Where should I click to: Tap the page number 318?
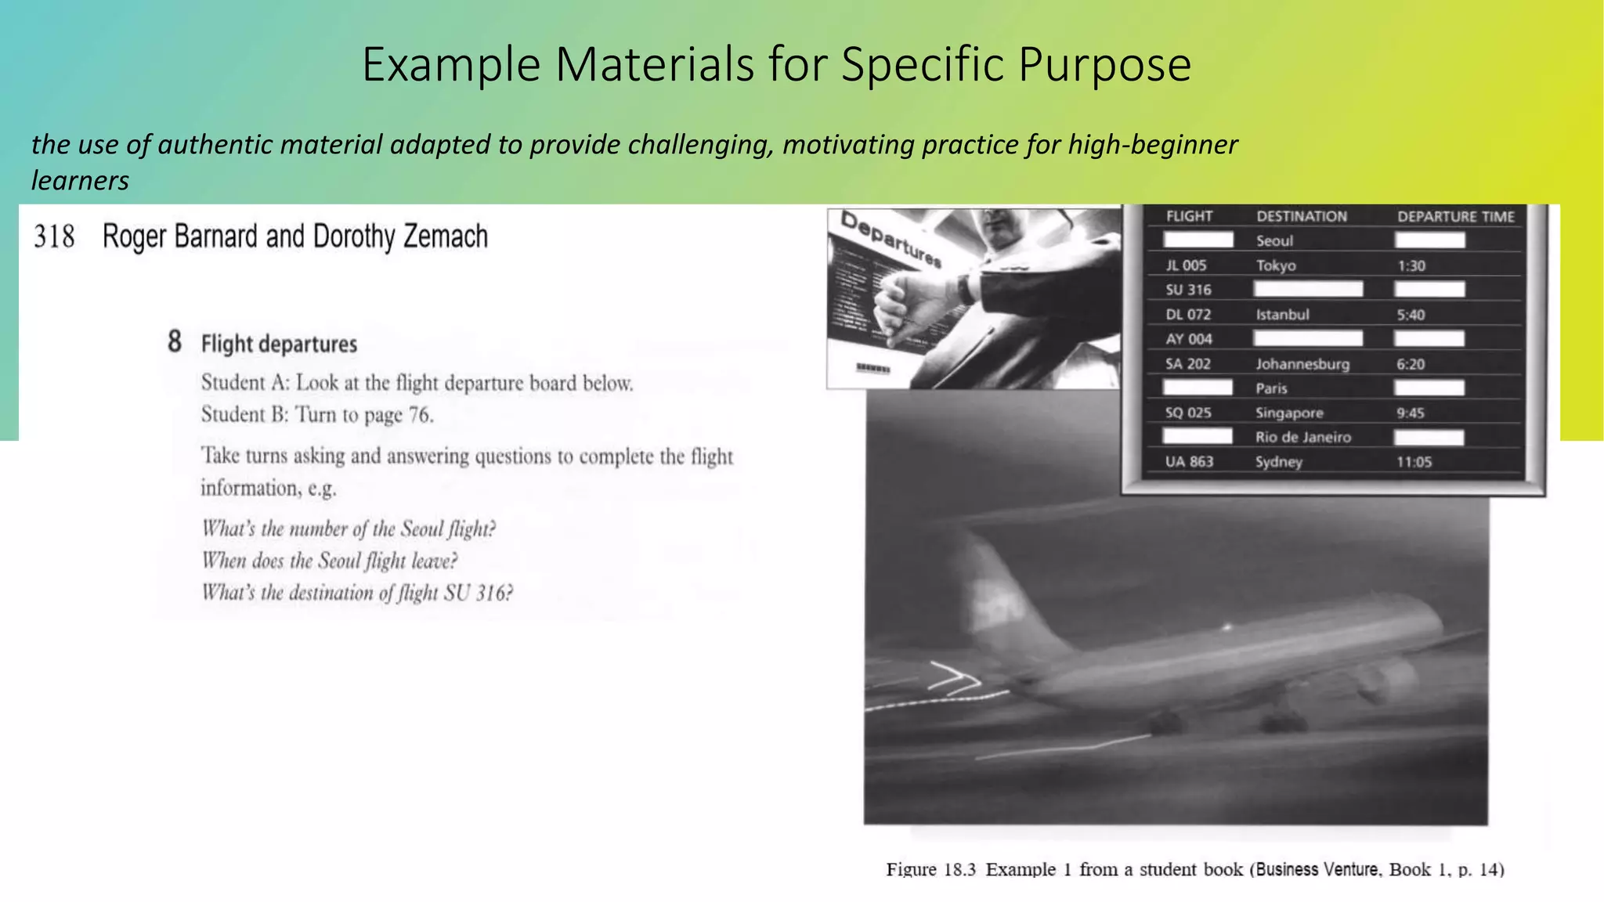coord(54,236)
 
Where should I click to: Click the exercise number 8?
coord(175,342)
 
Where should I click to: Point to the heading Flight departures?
coord(279,345)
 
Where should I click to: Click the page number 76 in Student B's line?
coord(420,415)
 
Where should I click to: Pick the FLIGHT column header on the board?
coord(1189,216)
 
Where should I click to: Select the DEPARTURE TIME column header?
coord(1456,217)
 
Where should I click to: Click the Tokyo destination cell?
coord(1276,265)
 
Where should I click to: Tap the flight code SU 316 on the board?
coord(1188,290)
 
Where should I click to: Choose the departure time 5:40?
coord(1411,315)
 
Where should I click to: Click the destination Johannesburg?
coord(1302,364)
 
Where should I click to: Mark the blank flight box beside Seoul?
coord(1198,240)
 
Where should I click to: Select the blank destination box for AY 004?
coord(1307,338)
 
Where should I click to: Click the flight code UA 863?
coord(1189,462)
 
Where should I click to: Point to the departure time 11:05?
coord(1414,462)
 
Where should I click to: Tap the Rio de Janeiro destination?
coord(1303,438)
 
